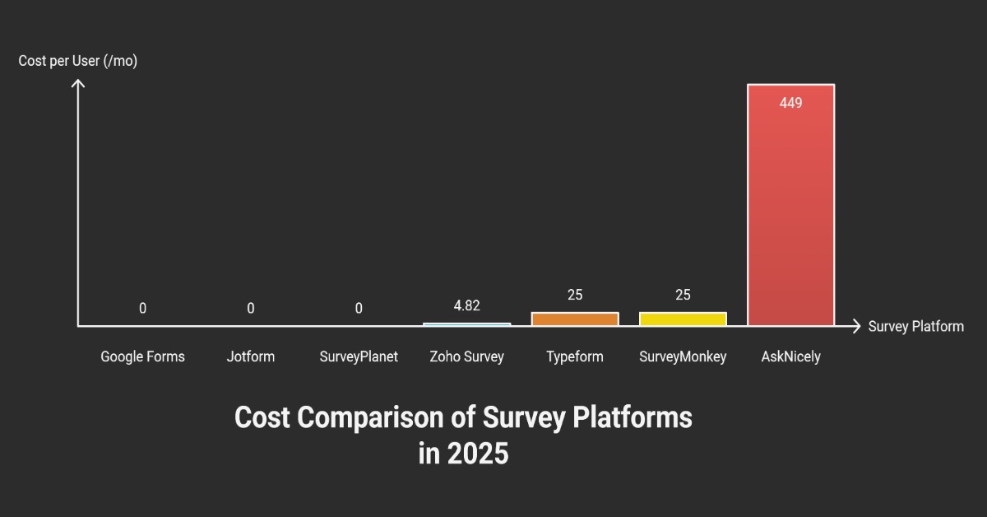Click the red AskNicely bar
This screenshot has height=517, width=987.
790,206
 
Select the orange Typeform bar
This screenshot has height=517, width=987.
575,319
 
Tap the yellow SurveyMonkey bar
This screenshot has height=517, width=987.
683,319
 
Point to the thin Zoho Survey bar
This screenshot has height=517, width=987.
466,324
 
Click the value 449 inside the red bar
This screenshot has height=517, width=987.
790,104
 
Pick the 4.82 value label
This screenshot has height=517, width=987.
466,305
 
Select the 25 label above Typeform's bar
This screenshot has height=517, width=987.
575,295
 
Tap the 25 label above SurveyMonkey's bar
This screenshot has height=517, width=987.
683,295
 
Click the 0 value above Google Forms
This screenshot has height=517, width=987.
142,309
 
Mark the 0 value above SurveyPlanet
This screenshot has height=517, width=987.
359,309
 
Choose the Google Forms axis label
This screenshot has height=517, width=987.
142,356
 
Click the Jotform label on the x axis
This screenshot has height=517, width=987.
251,356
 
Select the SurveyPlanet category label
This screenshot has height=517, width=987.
359,356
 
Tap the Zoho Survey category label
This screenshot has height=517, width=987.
466,356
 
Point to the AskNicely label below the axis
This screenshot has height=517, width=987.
790,356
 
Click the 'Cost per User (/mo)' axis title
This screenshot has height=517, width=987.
78,61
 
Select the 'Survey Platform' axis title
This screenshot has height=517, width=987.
915,326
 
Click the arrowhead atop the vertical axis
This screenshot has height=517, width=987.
78,82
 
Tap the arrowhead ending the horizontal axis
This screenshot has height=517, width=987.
857,326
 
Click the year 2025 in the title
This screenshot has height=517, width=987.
478,454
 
